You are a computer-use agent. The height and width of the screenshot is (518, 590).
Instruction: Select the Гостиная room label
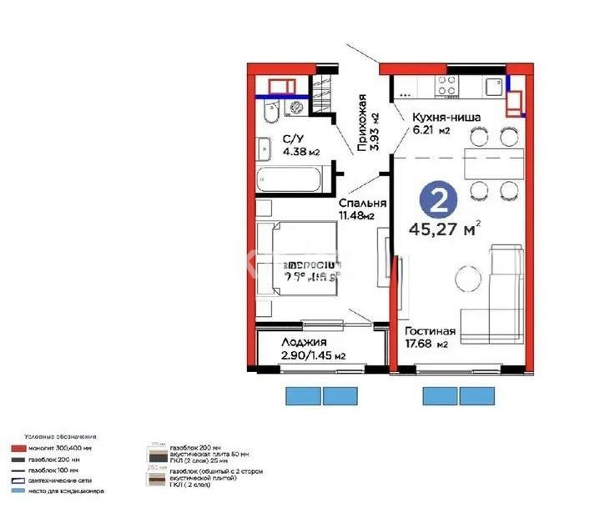click(x=431, y=330)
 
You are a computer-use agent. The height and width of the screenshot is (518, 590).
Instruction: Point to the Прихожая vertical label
click(x=362, y=123)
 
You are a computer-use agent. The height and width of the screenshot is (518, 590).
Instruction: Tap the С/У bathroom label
click(x=292, y=139)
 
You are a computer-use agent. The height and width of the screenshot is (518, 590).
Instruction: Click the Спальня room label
click(x=361, y=204)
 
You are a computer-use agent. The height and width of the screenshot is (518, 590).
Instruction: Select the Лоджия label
click(x=303, y=343)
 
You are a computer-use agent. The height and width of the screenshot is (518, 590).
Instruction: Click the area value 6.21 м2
click(x=431, y=131)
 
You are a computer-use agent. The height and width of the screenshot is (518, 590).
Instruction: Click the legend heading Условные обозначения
click(x=59, y=436)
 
